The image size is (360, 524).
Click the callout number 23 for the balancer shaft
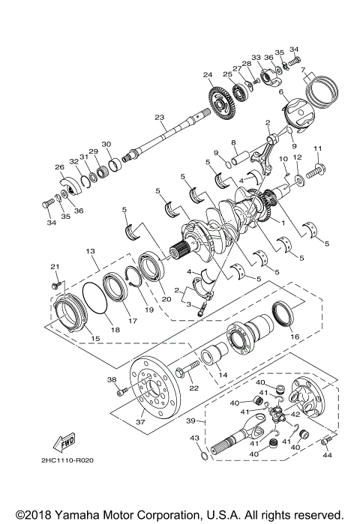pos(159,118)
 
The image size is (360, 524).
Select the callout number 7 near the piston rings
pos(304,72)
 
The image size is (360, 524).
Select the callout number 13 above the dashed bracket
pos(89,250)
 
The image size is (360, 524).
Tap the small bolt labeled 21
pos(55,285)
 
